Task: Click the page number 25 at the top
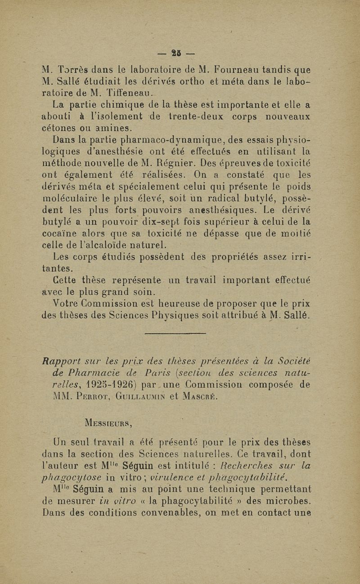(x=180, y=53)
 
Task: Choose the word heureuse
(x=189, y=304)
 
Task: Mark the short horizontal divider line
(x=181, y=333)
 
